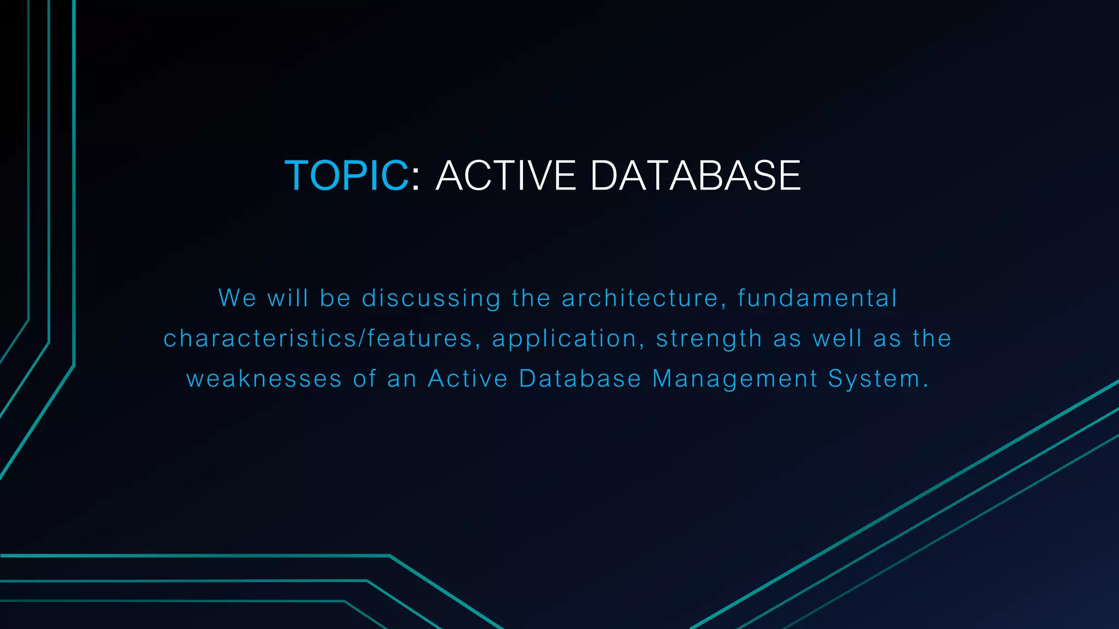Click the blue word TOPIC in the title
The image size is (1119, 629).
click(346, 176)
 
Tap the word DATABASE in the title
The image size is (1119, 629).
click(695, 176)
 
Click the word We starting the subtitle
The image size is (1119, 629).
click(237, 298)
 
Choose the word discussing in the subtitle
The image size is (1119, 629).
click(431, 299)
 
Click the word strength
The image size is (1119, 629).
click(709, 339)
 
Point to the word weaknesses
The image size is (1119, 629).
click(264, 379)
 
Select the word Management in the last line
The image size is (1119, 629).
click(735, 379)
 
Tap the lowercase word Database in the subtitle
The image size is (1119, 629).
click(580, 379)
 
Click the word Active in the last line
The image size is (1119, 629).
click(468, 379)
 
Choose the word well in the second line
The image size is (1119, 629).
click(837, 339)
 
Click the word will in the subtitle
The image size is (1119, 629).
click(287, 298)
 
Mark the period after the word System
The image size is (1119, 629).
click(926, 386)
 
